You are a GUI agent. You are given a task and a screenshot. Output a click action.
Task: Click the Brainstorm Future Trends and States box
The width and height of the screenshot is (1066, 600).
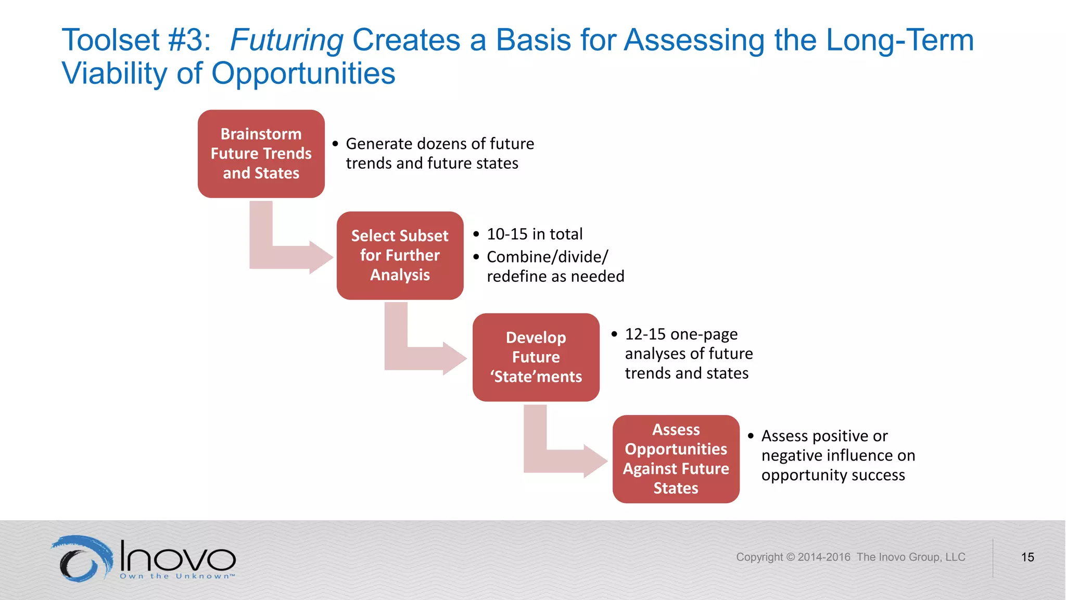(261, 154)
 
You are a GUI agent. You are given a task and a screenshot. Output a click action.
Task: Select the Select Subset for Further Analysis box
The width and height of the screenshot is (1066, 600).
(400, 255)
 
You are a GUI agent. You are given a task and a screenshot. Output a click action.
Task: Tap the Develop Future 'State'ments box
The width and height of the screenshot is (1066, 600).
(536, 357)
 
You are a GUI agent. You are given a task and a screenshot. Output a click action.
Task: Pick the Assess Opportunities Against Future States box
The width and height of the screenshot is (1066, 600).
(676, 459)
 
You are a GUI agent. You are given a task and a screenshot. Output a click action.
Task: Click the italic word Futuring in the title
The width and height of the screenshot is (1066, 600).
(286, 40)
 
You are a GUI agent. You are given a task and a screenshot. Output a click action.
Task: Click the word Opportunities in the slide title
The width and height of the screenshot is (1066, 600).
(303, 73)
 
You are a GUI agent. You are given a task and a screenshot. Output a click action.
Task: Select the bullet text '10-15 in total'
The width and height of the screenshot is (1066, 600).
(534, 234)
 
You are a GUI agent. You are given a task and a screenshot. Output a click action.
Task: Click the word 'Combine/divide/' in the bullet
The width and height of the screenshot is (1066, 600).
(547, 257)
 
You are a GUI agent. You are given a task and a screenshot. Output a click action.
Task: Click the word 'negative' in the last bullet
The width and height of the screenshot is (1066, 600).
(791, 456)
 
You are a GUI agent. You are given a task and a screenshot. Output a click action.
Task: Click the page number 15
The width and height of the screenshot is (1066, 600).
(1027, 557)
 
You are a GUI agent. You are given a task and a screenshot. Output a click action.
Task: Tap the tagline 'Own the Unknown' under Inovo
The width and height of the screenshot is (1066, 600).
(177, 576)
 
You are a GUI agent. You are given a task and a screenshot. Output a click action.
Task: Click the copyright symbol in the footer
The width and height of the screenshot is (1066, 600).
(790, 557)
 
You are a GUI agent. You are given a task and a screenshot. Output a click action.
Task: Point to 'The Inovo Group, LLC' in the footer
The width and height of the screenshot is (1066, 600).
(911, 557)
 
